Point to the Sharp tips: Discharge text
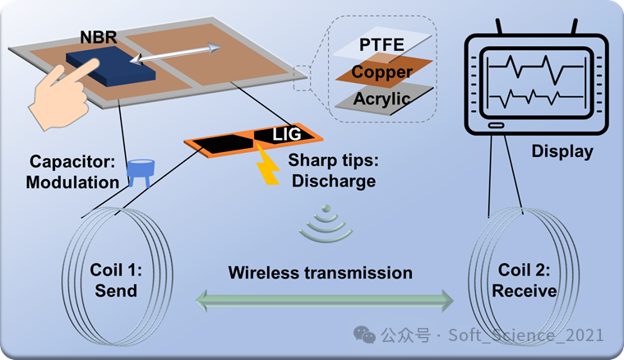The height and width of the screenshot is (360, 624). click(x=333, y=170)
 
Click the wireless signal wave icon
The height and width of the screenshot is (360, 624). click(x=319, y=226)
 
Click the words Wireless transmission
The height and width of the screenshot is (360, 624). click(x=321, y=272)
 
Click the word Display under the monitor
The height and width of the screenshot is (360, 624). click(x=562, y=151)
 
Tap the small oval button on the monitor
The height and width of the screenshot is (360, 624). click(x=495, y=126)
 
